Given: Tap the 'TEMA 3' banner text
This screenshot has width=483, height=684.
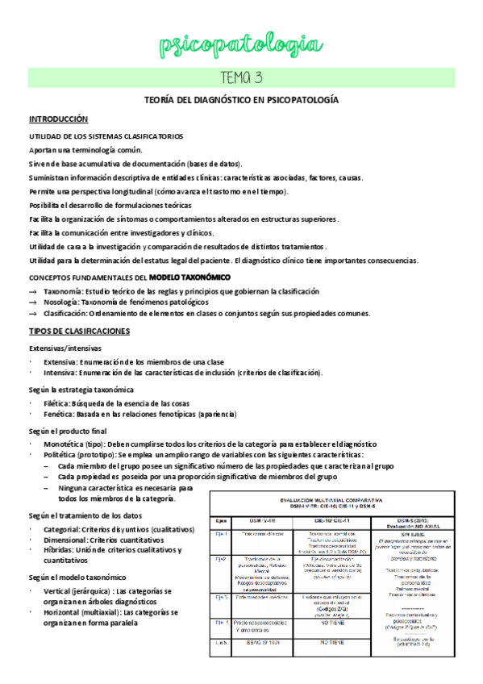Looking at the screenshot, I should click(x=241, y=77).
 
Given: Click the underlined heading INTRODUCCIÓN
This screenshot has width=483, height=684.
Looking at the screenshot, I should click(x=59, y=118).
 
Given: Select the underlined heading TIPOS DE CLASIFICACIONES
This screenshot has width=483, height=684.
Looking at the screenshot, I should click(x=80, y=332).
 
